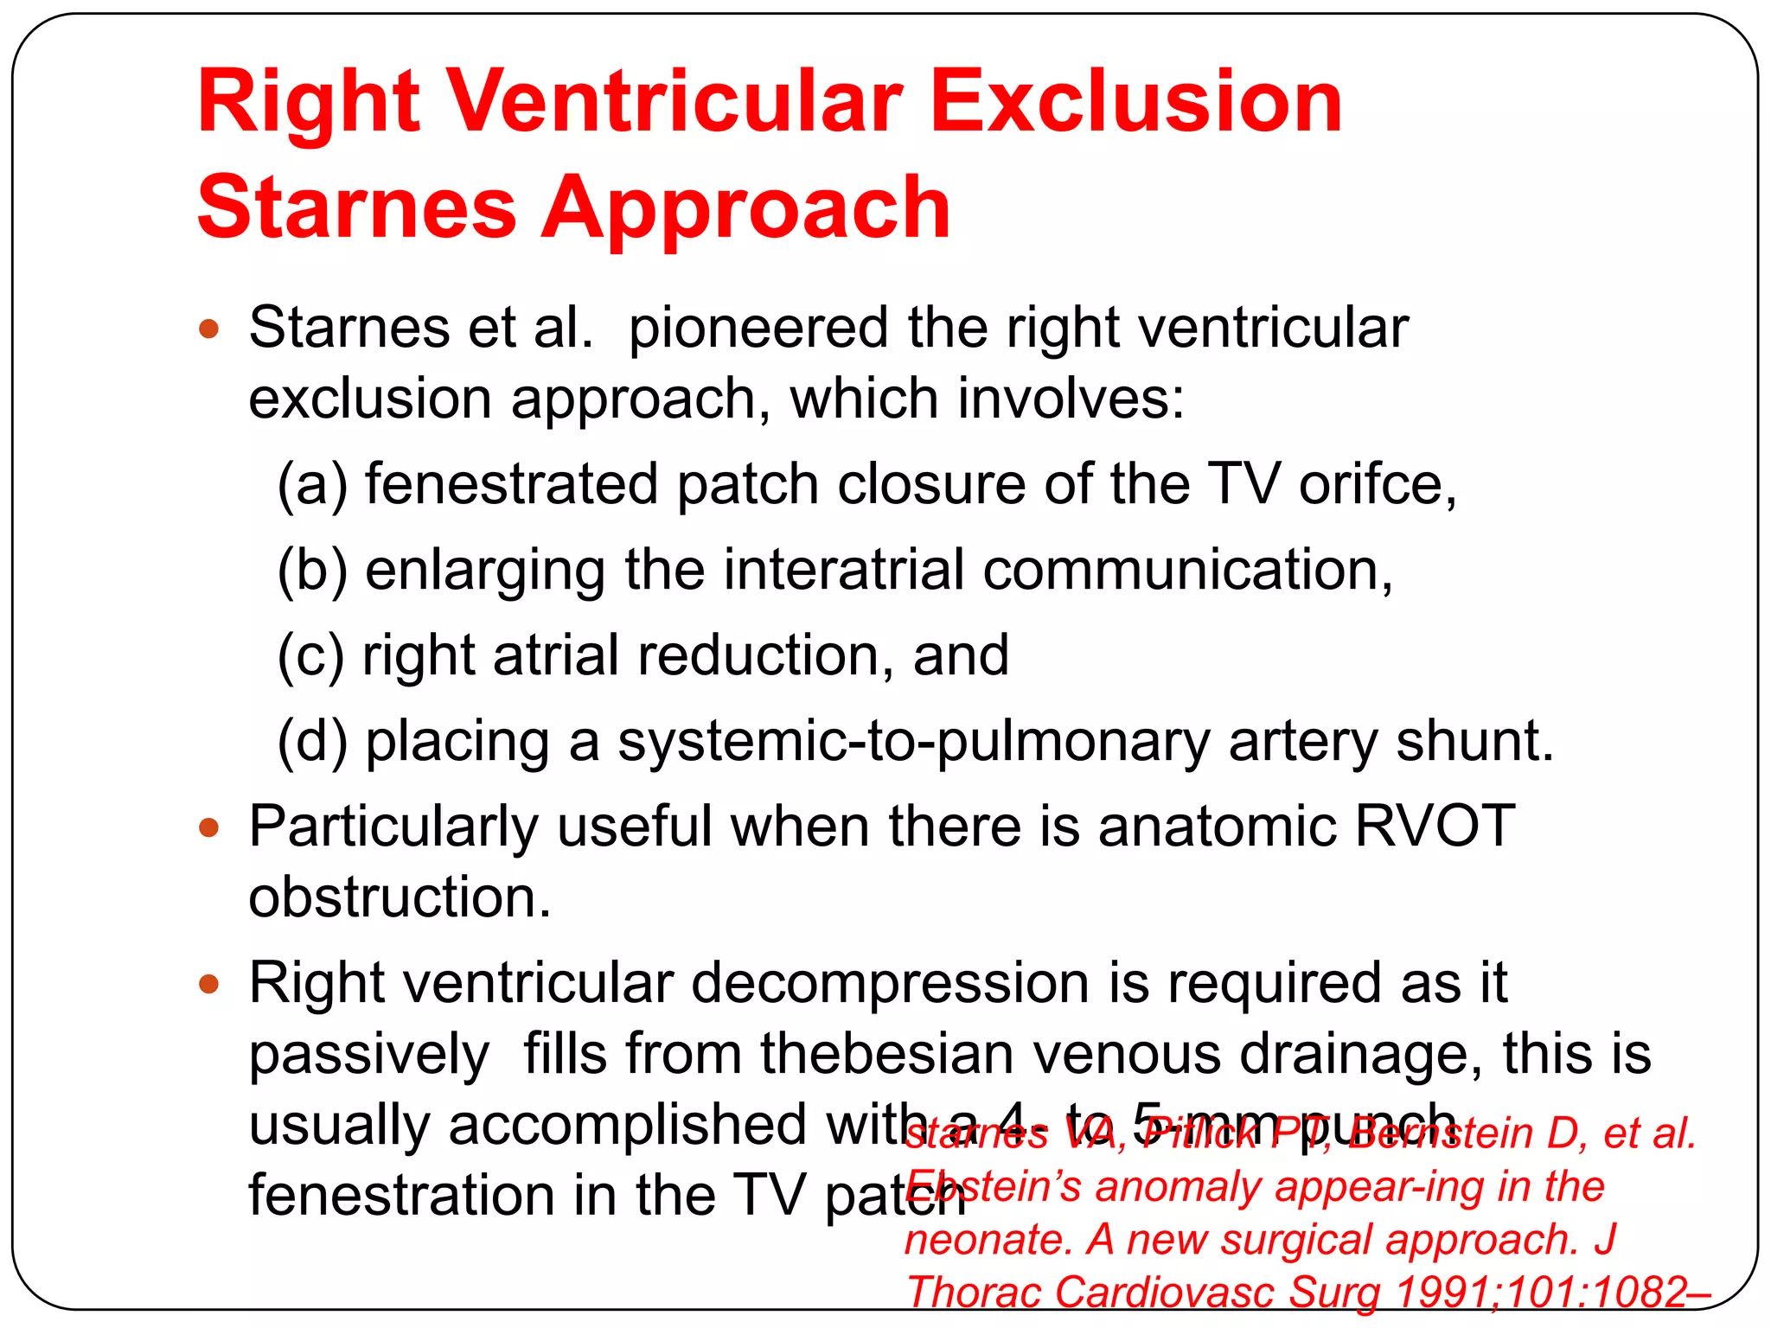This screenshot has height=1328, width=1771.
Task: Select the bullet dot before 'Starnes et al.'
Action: pyautogui.click(x=209, y=329)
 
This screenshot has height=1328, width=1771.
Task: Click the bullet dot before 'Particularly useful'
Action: pyautogui.click(x=209, y=828)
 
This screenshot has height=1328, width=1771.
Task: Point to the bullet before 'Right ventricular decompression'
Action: pyautogui.click(x=209, y=984)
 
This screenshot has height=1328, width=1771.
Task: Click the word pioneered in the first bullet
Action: pyautogui.click(x=758, y=329)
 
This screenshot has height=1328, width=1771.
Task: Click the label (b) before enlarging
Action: pyautogui.click(x=312, y=571)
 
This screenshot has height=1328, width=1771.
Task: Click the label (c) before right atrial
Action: pyautogui.click(x=310, y=655)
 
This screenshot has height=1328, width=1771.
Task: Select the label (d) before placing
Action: pyautogui.click(x=312, y=742)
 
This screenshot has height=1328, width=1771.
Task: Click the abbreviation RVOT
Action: pyautogui.click(x=1434, y=827)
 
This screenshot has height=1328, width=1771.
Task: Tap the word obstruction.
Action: pyautogui.click(x=400, y=897)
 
